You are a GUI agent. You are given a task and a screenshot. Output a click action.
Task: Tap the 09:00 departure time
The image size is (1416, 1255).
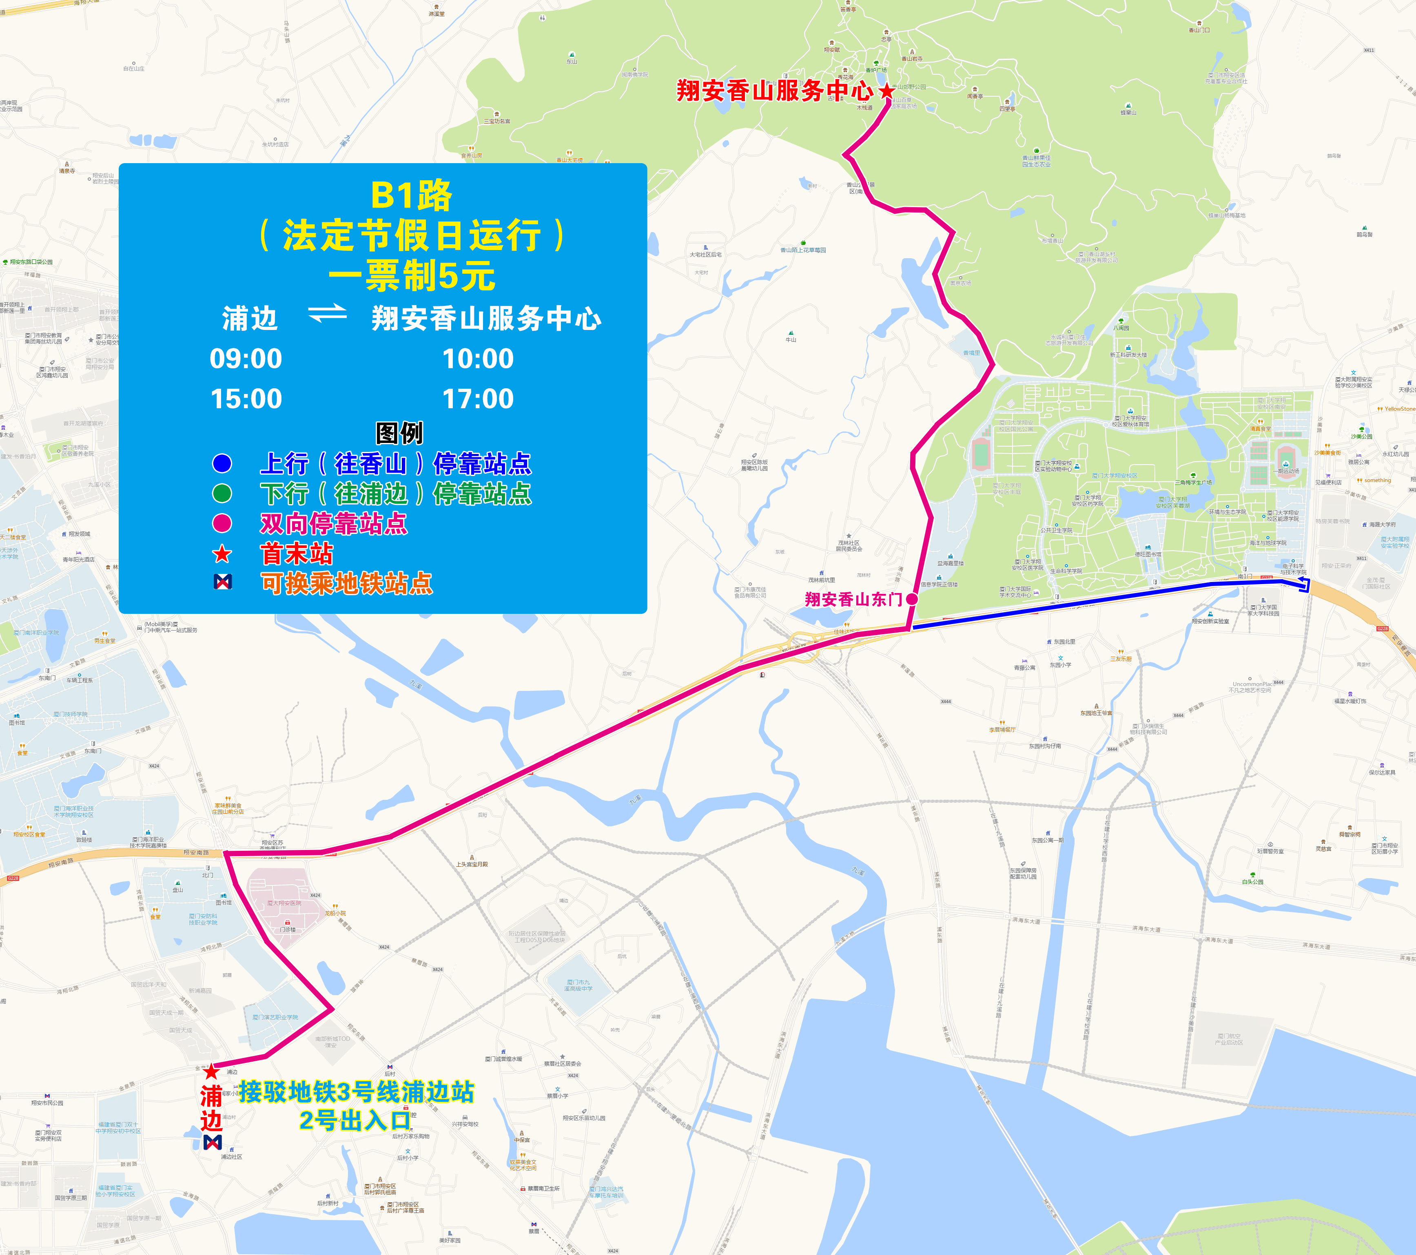[246, 359]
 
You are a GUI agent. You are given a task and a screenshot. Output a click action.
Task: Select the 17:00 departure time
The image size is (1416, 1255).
[478, 399]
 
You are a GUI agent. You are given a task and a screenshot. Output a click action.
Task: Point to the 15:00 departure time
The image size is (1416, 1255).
[246, 399]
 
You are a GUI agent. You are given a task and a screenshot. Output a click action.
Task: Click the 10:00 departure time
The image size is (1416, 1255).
[478, 359]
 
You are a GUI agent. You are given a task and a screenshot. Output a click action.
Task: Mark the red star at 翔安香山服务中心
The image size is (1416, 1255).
[887, 91]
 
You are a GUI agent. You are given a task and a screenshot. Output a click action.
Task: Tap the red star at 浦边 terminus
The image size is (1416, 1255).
[211, 1073]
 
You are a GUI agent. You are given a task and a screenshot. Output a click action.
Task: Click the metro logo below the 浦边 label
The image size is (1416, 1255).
[212, 1142]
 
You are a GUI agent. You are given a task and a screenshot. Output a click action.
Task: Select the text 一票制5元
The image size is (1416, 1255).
[412, 277]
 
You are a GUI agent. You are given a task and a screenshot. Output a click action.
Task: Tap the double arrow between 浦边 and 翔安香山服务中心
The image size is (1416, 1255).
[327, 314]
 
